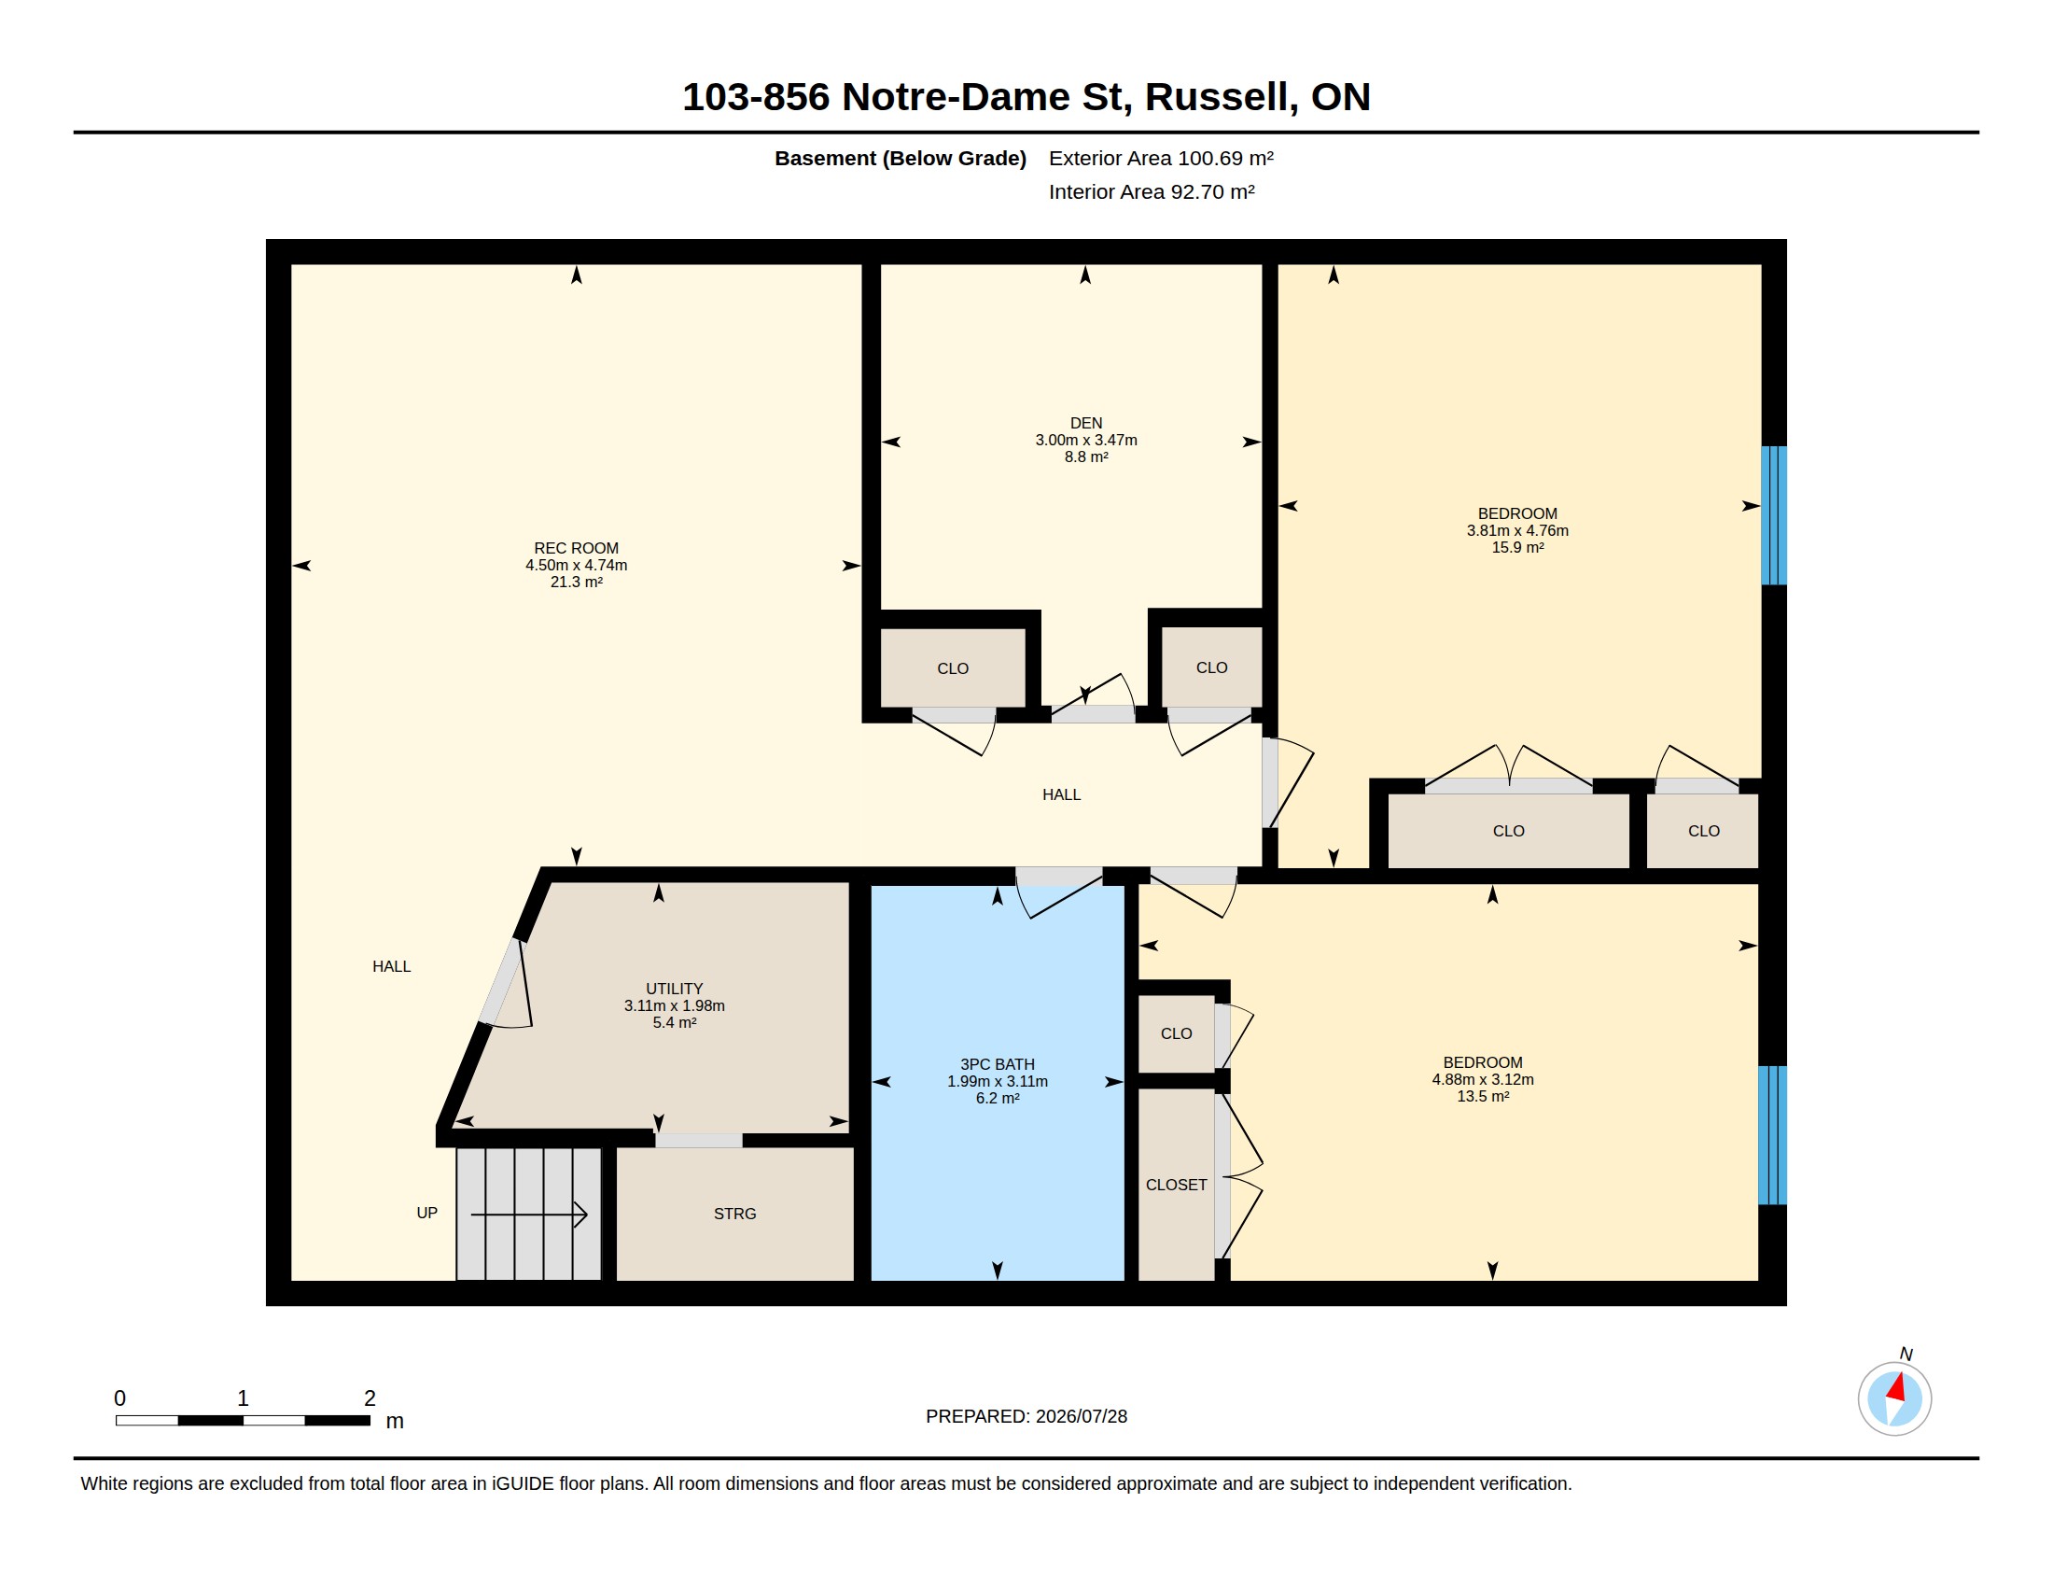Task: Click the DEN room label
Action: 1085,423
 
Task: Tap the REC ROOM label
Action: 576,548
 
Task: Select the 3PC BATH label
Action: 998,1064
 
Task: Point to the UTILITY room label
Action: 674,988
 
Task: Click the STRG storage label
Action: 735,1214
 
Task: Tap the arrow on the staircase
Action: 529,1215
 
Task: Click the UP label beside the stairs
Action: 426,1213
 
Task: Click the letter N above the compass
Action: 1906,1354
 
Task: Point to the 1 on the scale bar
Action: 243,1398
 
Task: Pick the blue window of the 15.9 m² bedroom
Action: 1774,515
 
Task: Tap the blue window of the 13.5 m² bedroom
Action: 1773,1135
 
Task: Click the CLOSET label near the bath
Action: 1176,1185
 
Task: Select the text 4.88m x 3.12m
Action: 1483,1079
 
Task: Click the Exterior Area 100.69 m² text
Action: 1161,158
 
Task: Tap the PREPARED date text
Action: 1026,1416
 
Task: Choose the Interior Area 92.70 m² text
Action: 1152,191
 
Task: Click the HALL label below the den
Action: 1061,794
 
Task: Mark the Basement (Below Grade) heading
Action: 901,158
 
